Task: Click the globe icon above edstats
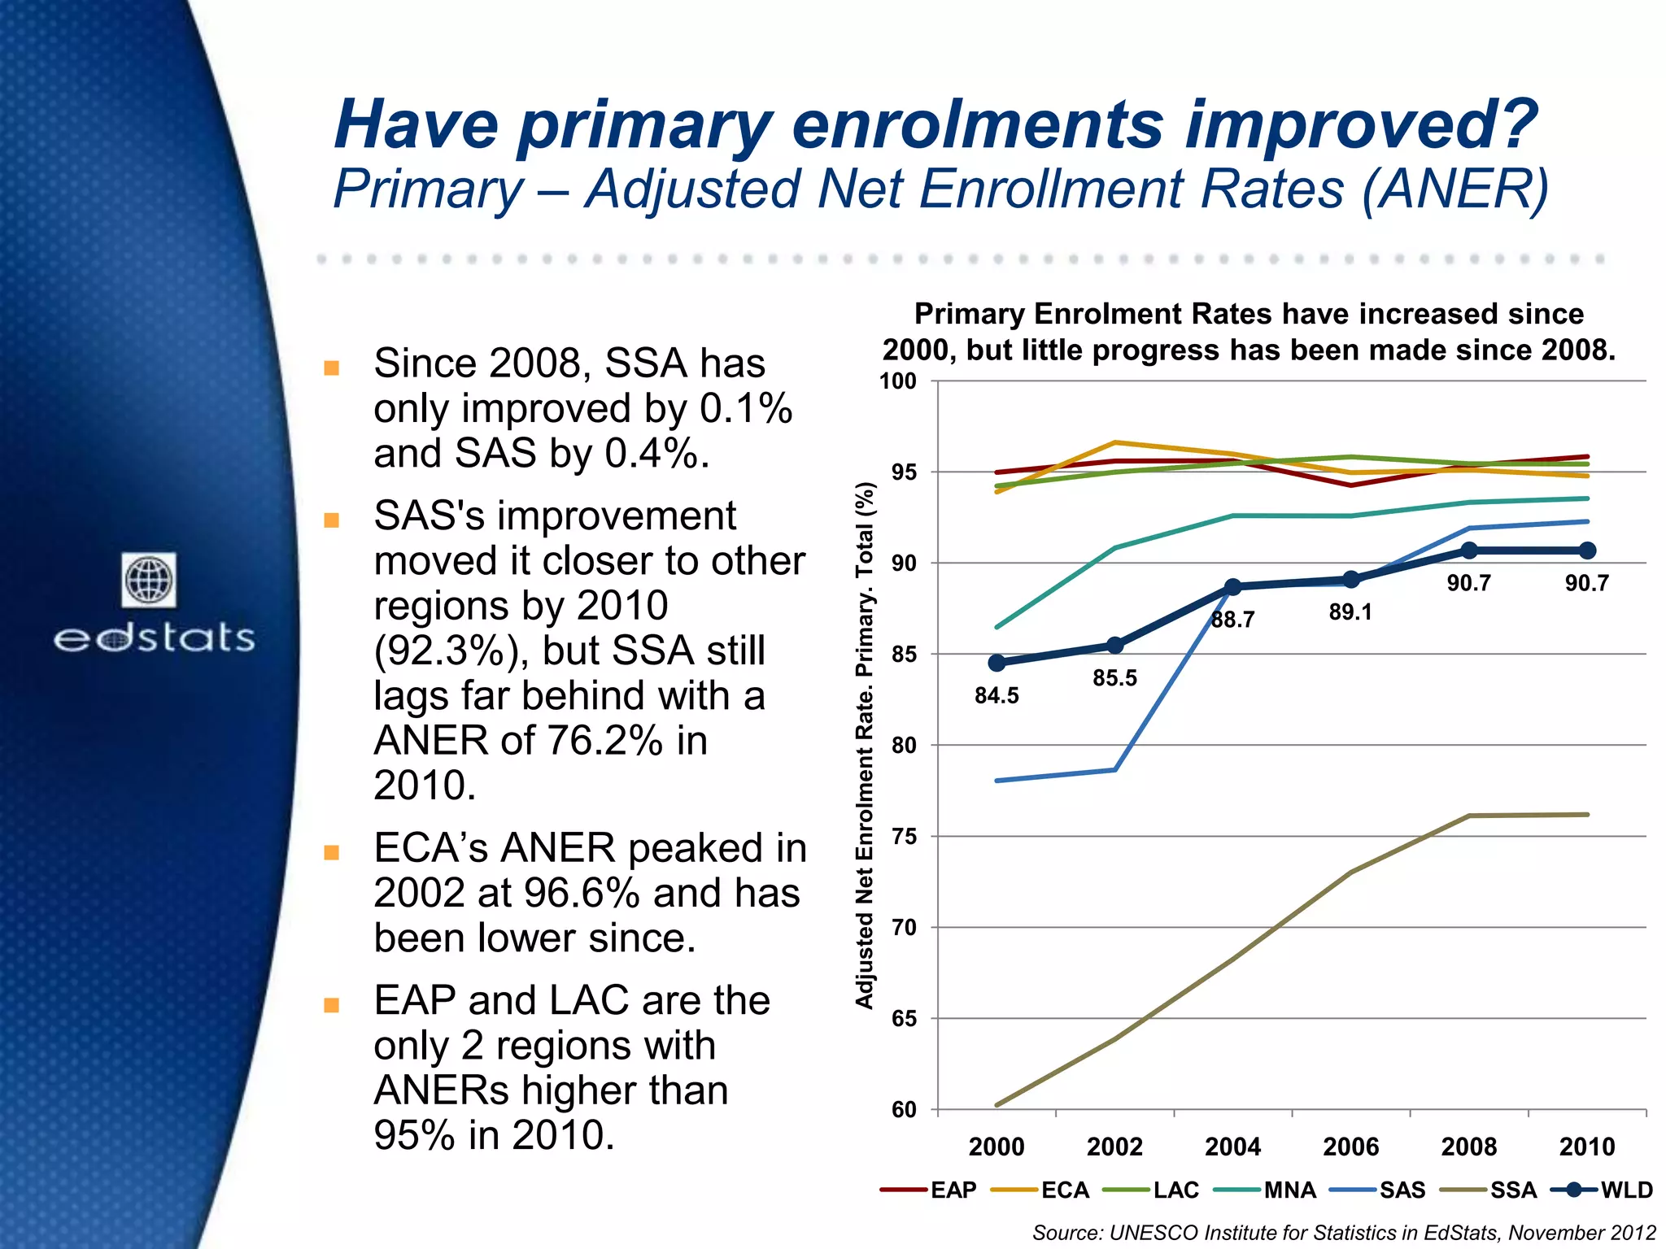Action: (x=149, y=580)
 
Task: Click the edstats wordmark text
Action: (x=155, y=638)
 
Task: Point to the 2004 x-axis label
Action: (x=1232, y=1147)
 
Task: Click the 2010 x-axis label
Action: (x=1586, y=1147)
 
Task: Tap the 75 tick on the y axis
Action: (x=904, y=837)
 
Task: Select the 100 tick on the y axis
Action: (x=898, y=381)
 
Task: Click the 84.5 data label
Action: (x=997, y=696)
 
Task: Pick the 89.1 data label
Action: (x=1350, y=612)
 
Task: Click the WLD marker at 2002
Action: (x=1115, y=646)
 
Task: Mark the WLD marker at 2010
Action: (x=1587, y=551)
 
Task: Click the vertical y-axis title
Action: (x=865, y=745)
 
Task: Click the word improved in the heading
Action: (x=1360, y=125)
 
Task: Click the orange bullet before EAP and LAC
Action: (x=331, y=1005)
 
